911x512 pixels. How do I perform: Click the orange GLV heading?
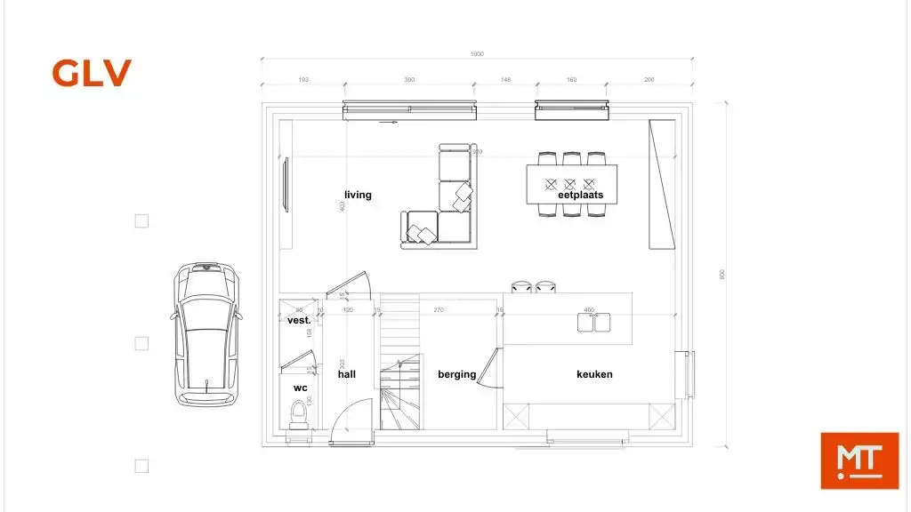click(x=92, y=73)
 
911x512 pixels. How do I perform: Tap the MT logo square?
click(x=859, y=460)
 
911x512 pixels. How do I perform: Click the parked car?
click(x=206, y=334)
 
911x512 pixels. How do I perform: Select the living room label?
click(x=358, y=195)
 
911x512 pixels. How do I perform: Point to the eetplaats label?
click(x=580, y=195)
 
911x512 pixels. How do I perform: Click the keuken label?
click(x=594, y=374)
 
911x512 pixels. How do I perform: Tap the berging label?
click(x=456, y=374)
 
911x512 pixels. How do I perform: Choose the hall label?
click(x=346, y=374)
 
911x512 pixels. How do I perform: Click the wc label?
click(x=300, y=388)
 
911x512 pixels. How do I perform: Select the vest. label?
click(x=299, y=320)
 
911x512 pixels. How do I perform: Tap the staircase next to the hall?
click(x=399, y=364)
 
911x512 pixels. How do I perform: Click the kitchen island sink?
click(x=593, y=323)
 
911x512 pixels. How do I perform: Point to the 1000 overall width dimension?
click(x=477, y=55)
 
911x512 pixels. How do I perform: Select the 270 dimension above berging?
click(x=439, y=310)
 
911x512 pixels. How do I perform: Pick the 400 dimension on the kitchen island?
click(x=588, y=310)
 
